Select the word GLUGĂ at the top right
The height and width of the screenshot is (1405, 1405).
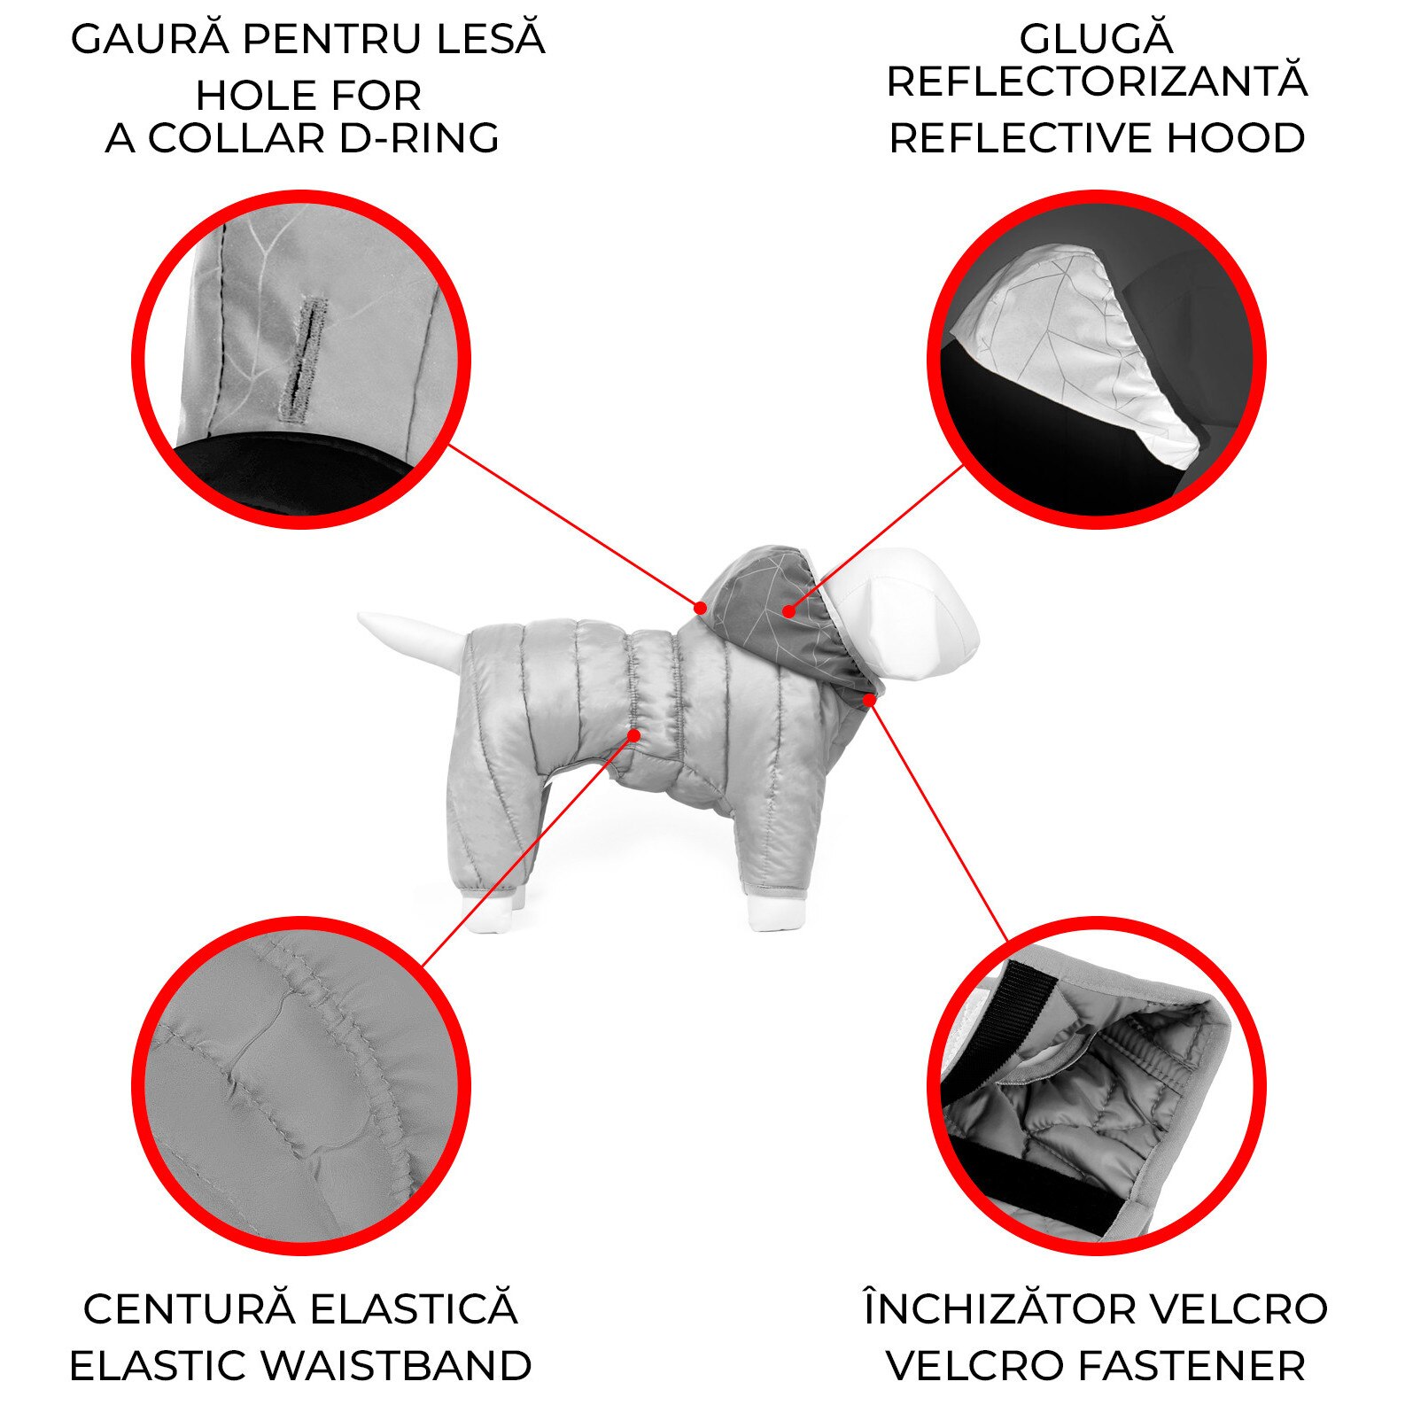pyautogui.click(x=1097, y=38)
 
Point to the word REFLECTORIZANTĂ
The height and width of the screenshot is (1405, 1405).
pyautogui.click(x=1097, y=82)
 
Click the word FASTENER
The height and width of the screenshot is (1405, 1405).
pyautogui.click(x=1180, y=1365)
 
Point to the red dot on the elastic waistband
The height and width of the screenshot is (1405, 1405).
pyautogui.click(x=633, y=734)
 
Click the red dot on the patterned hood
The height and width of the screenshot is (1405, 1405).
pyautogui.click(x=788, y=610)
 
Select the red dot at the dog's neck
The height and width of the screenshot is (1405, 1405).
pyautogui.click(x=870, y=700)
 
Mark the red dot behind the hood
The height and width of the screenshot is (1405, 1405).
pyautogui.click(x=700, y=608)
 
